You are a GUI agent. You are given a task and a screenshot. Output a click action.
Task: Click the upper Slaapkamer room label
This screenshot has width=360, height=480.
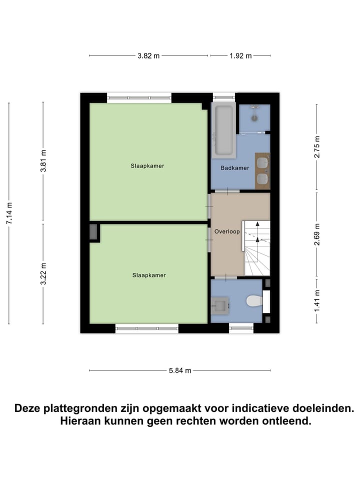[x=147, y=165]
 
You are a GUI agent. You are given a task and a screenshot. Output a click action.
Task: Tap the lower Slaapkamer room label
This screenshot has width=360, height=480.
[x=149, y=275]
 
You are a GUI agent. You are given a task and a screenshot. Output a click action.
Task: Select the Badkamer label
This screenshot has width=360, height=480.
[x=235, y=168]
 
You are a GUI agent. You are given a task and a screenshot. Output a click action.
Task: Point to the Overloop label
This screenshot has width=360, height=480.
[x=227, y=232]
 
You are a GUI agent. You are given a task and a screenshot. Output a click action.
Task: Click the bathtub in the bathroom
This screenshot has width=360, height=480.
[x=223, y=129]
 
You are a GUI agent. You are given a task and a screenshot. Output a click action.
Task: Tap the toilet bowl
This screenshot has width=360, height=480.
[x=254, y=301]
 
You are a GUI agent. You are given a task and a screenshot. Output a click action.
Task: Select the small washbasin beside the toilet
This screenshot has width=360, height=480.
[x=219, y=304]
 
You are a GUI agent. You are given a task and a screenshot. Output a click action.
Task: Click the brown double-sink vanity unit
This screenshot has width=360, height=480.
[x=262, y=171]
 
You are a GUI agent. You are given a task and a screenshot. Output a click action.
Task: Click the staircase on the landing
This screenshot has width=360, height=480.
[x=256, y=248]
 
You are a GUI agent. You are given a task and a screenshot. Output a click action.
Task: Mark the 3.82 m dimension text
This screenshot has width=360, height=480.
[x=148, y=56]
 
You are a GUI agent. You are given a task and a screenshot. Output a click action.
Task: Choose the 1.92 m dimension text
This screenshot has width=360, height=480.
[x=240, y=56]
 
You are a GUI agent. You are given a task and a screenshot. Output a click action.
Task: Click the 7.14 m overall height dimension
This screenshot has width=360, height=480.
[x=9, y=213]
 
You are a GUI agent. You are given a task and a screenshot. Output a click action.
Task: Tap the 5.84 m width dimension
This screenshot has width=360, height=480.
[x=180, y=370]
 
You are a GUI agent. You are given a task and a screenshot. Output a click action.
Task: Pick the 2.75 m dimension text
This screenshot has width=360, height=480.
[x=316, y=147]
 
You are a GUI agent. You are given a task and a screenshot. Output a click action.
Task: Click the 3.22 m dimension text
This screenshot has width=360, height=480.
[x=43, y=273]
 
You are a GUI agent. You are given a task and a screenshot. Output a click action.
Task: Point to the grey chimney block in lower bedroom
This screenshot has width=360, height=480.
[x=94, y=233]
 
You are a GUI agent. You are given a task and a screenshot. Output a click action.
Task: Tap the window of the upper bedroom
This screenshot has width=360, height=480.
[x=139, y=98]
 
